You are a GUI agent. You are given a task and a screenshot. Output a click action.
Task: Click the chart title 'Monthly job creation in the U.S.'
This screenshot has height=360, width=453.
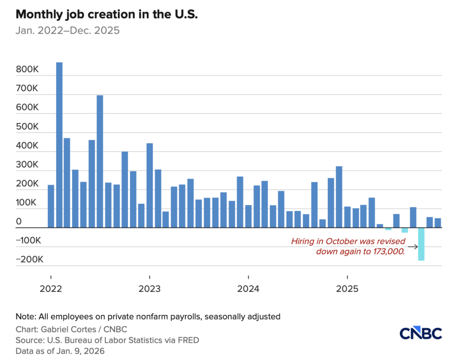point(106,15)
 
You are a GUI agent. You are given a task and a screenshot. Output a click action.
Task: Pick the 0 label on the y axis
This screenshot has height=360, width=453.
point(19,221)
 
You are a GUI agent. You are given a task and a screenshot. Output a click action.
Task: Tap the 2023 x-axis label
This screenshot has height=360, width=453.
point(150,289)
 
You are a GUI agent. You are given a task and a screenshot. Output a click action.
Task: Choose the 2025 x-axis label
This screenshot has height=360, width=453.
point(347,289)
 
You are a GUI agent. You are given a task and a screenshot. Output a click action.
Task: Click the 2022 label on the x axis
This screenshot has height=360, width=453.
point(50,289)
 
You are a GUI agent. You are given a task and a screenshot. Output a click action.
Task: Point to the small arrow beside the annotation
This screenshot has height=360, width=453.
point(413,247)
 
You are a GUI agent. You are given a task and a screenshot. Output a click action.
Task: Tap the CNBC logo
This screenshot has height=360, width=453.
point(420,333)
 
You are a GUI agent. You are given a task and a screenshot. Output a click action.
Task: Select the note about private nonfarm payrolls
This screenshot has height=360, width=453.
point(148,317)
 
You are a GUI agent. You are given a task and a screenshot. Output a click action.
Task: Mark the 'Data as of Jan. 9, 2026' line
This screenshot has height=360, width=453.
point(60,351)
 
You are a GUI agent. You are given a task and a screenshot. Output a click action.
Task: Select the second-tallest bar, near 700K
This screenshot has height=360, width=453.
point(100,161)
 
